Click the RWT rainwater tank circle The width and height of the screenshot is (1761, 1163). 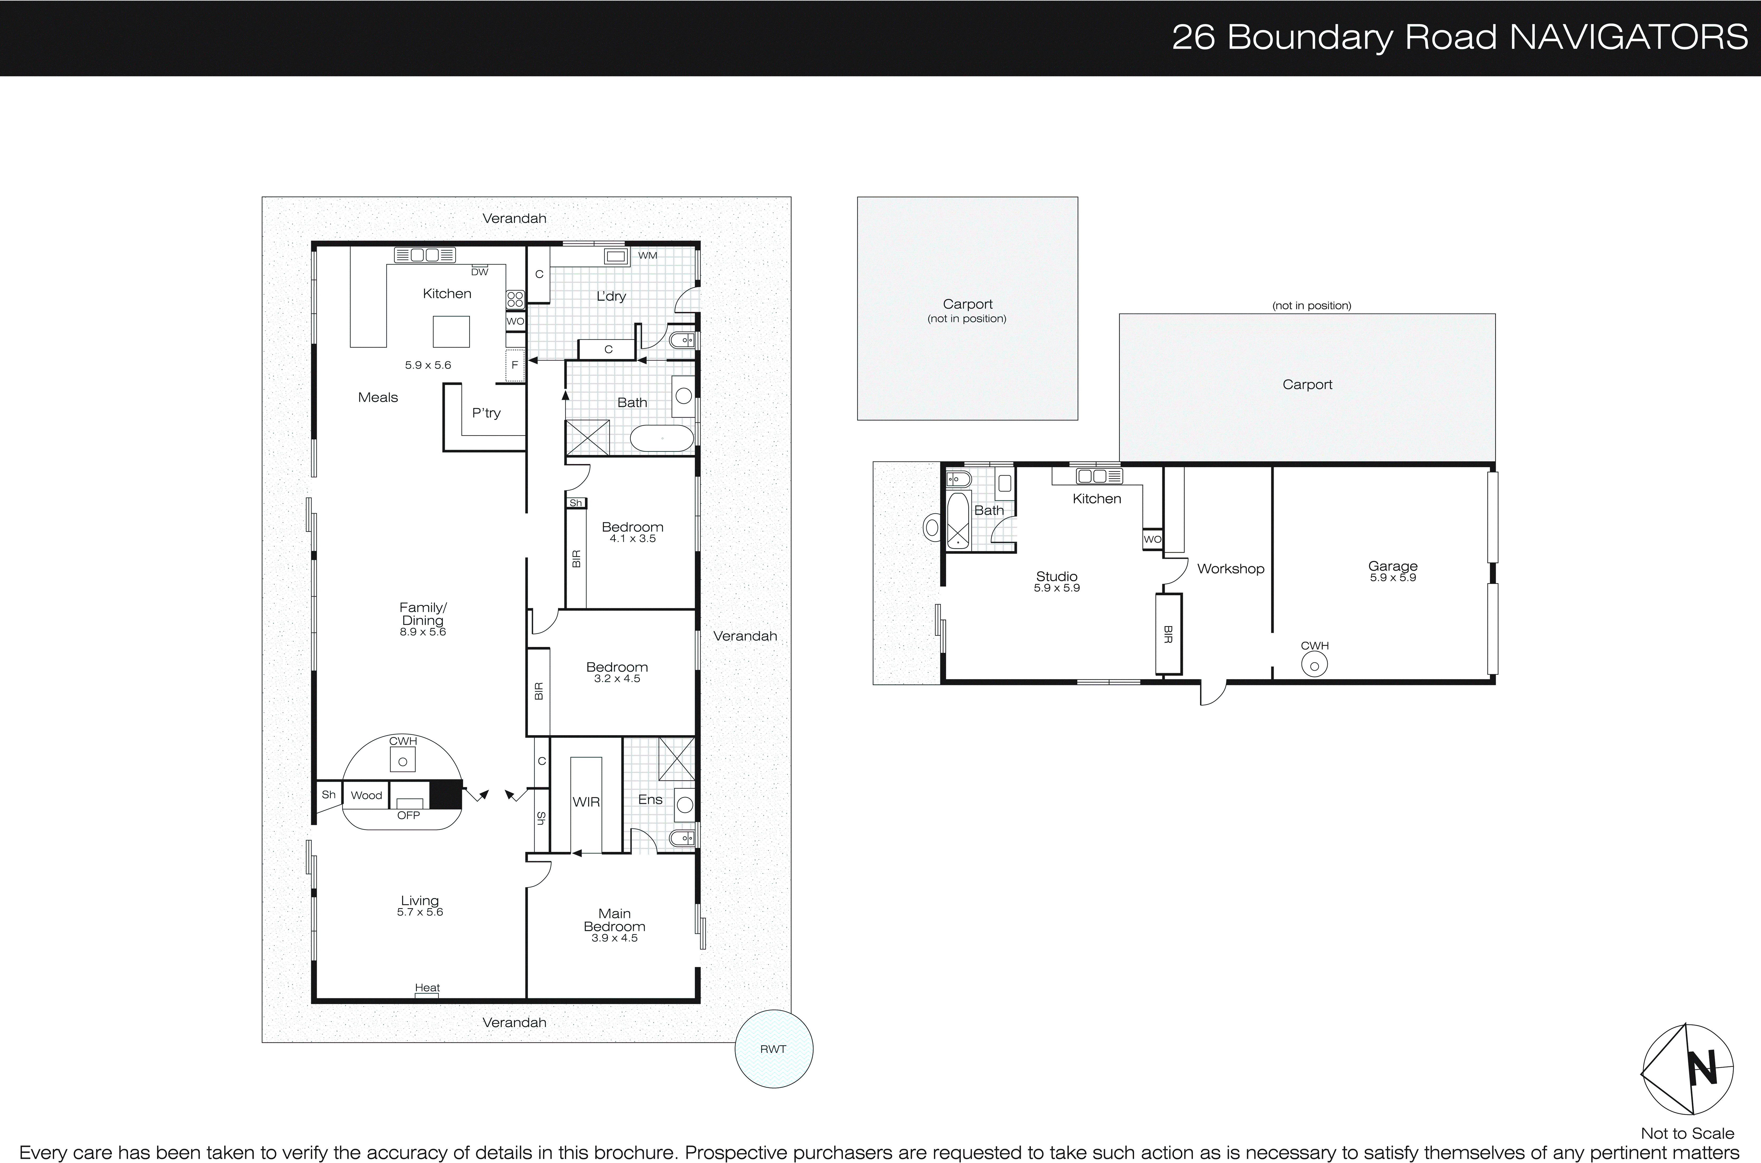[773, 1049]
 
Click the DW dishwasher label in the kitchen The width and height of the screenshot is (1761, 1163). [480, 272]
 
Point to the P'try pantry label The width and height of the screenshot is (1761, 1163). [487, 413]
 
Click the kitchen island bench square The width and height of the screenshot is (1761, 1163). [451, 331]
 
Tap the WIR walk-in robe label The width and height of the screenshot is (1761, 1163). [586, 802]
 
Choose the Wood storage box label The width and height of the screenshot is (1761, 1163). [366, 795]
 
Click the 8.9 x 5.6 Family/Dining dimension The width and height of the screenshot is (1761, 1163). [423, 632]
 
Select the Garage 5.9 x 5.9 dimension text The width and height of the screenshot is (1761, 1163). [1392, 578]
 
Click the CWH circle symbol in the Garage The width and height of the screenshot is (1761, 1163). [1314, 666]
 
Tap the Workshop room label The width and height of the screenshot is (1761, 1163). [1230, 569]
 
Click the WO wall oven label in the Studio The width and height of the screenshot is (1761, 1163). [1152, 539]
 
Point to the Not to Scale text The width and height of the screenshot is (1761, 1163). [1687, 1133]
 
